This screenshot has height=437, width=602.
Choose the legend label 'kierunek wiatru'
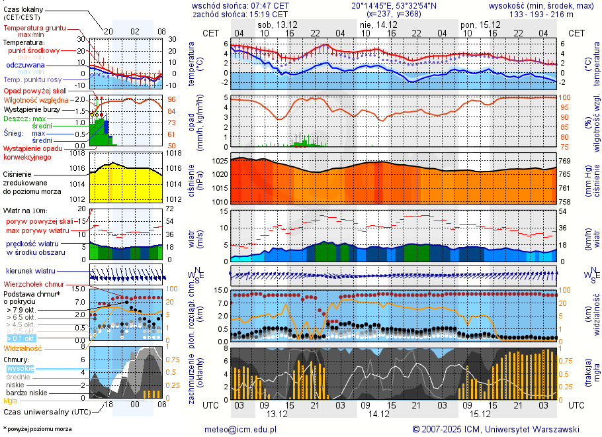30,271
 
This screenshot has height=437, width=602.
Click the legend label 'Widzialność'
23,348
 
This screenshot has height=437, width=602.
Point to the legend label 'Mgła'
11,401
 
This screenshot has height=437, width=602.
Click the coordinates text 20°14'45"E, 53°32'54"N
394,5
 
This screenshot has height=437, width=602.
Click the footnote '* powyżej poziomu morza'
37,429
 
